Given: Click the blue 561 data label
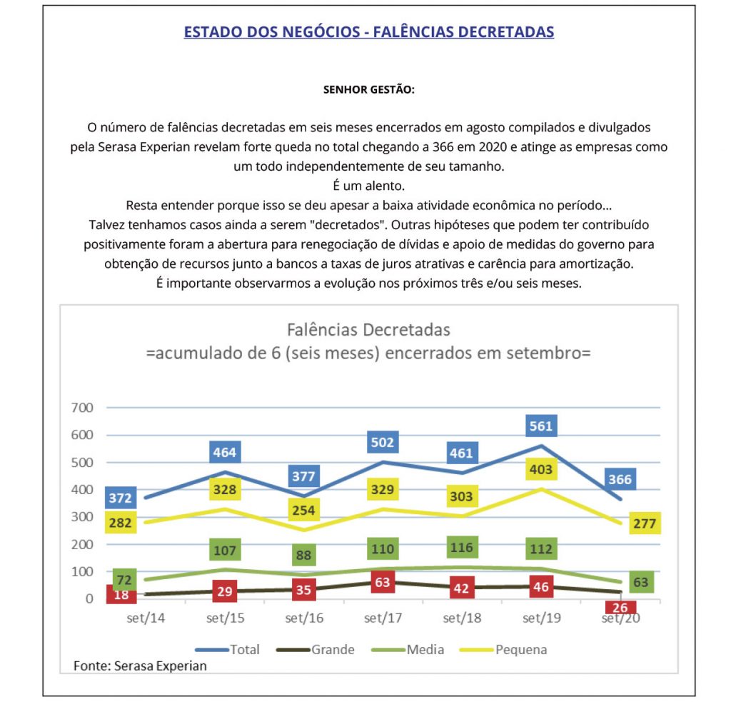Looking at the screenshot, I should [x=541, y=426].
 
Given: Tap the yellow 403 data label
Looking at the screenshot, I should [x=540, y=468].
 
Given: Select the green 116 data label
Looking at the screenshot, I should [x=462, y=549].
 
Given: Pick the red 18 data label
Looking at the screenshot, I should [x=121, y=594].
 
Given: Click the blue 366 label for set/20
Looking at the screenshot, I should [x=620, y=479].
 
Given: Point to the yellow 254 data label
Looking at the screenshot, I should [x=303, y=510].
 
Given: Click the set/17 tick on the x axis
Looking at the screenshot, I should [x=383, y=618].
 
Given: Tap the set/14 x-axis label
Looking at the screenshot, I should [x=146, y=618].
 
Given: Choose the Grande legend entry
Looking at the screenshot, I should [x=333, y=649].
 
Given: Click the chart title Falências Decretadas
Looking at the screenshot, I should [x=368, y=330].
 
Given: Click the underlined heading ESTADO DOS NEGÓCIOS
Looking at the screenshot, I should [x=368, y=32].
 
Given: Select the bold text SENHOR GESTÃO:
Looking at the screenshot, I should [x=368, y=91].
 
